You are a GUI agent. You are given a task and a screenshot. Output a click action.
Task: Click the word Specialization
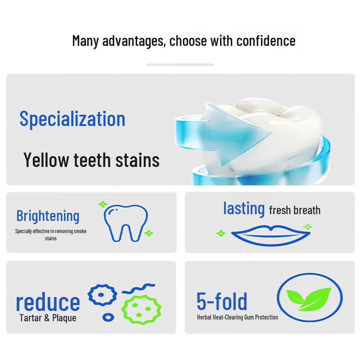pyautogui.click(x=72, y=119)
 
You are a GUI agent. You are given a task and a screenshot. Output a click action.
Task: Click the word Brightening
pyautogui.click(x=48, y=216)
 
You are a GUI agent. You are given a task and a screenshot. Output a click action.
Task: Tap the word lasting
pyautogui.click(x=244, y=208)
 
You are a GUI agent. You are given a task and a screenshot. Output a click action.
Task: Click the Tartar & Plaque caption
pyautogui.click(x=48, y=318)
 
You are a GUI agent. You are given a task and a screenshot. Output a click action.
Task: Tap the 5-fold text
pyautogui.click(x=222, y=301)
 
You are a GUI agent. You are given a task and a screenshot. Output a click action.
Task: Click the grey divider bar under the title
pyautogui.click(x=180, y=64)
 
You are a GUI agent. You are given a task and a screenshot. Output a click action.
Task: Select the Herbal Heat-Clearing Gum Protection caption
pyautogui.click(x=237, y=317)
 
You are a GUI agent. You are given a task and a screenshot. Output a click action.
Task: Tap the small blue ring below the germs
pyautogui.click(x=108, y=317)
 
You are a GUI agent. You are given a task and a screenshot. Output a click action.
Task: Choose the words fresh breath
pyautogui.click(x=295, y=210)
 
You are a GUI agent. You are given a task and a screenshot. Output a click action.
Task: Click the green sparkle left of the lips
pyautogui.click(x=220, y=233)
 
